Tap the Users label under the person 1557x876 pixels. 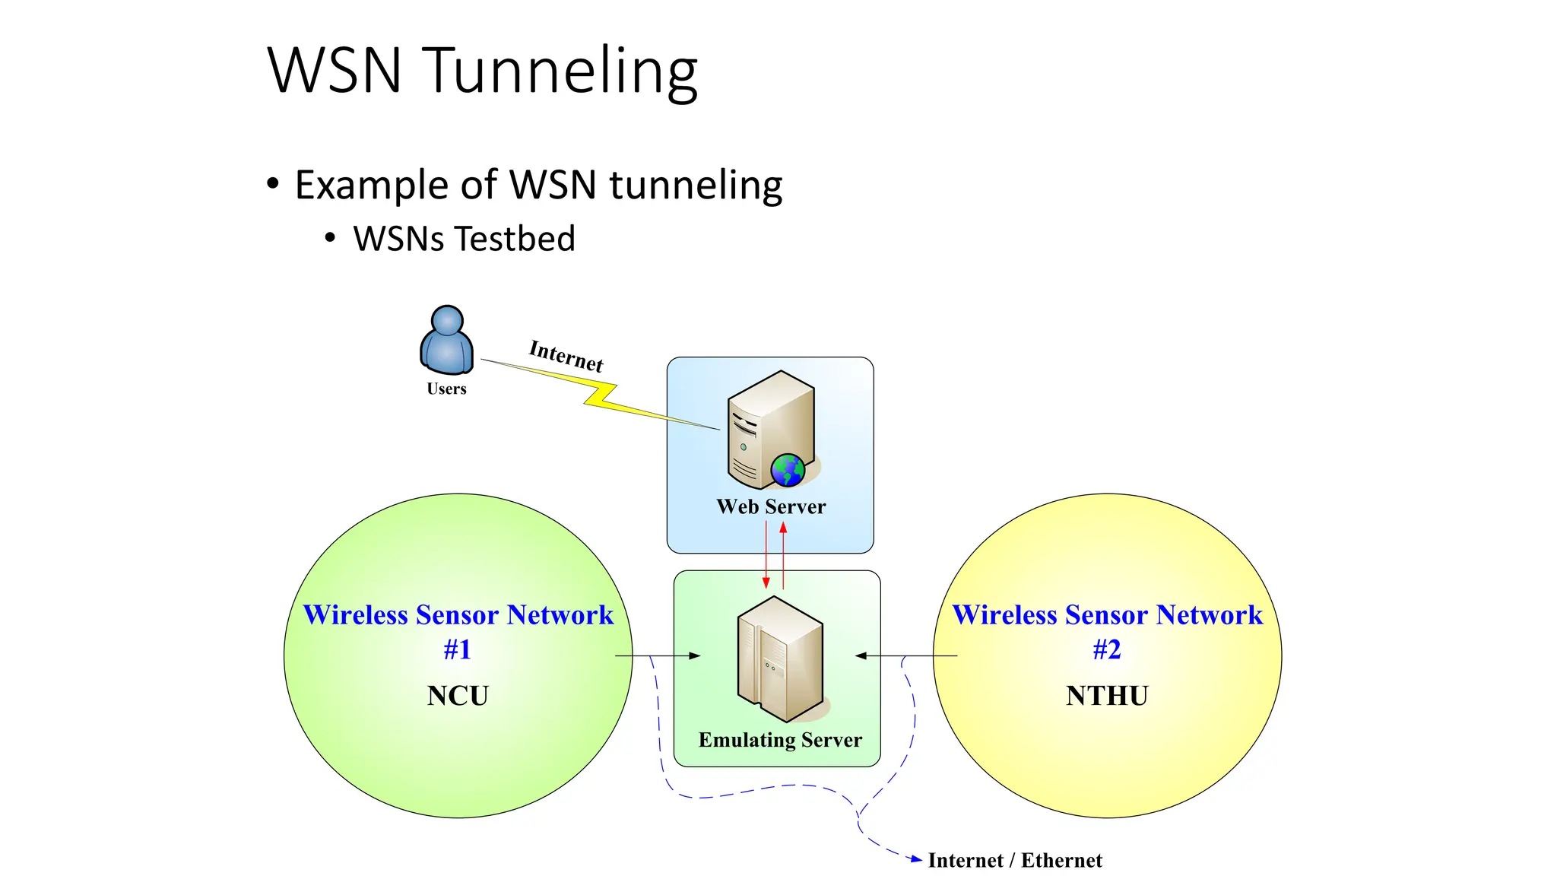tap(446, 389)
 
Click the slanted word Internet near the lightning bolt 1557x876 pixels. tap(566, 355)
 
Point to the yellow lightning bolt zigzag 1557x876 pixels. tap(601, 395)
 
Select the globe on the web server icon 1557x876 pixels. tap(788, 470)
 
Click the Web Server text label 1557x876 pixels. tap(771, 506)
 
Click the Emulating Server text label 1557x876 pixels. tap(780, 740)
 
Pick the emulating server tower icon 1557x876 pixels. tap(780, 659)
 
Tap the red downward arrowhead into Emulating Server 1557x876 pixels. tap(766, 582)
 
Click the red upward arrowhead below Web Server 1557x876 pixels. tap(783, 527)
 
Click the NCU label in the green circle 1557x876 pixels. tap(458, 696)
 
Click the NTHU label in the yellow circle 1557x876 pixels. tap(1107, 696)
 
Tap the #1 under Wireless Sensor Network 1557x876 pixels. tap(458, 649)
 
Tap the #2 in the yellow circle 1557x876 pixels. tap(1107, 649)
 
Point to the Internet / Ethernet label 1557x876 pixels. tap(1015, 860)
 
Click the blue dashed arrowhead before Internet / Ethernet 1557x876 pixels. tap(917, 859)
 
